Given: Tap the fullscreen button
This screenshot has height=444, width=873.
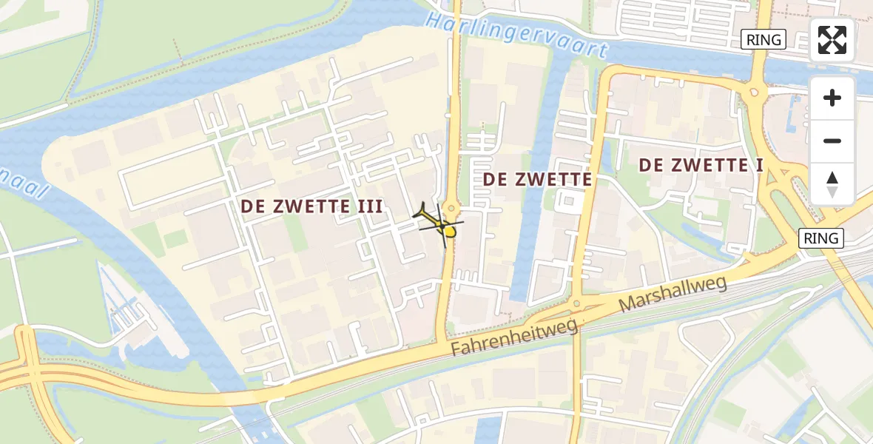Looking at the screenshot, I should pyautogui.click(x=832, y=40).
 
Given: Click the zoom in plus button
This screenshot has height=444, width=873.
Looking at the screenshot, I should pyautogui.click(x=832, y=98).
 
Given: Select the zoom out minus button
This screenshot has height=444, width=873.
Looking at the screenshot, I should pyautogui.click(x=832, y=141).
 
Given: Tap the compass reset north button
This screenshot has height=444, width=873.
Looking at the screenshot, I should pyautogui.click(x=832, y=184).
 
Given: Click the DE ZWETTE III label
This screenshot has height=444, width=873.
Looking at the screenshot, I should pyautogui.click(x=311, y=207).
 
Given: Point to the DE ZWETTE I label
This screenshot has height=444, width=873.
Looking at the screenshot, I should pyautogui.click(x=701, y=165).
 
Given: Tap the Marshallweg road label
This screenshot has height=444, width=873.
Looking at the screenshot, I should pyautogui.click(x=673, y=293).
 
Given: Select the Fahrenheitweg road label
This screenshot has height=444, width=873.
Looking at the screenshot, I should pyautogui.click(x=516, y=336).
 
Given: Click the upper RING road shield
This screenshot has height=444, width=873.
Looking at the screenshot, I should pyautogui.click(x=763, y=40).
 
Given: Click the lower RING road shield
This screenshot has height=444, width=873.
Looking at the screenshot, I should pyautogui.click(x=820, y=238).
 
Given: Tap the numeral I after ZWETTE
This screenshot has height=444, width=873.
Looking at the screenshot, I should pyautogui.click(x=758, y=165).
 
